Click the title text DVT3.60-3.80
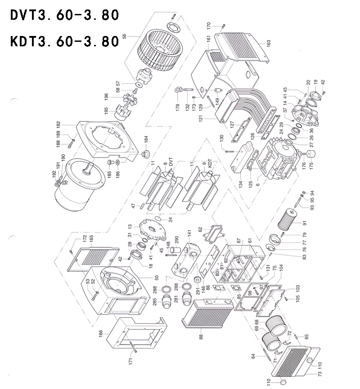tap(64, 15)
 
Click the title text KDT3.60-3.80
tap(64, 41)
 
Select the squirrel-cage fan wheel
tap(155, 50)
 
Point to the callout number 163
tap(269, 43)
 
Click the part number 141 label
tap(189, 233)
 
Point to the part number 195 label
tap(106, 111)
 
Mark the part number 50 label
tap(156, 278)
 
